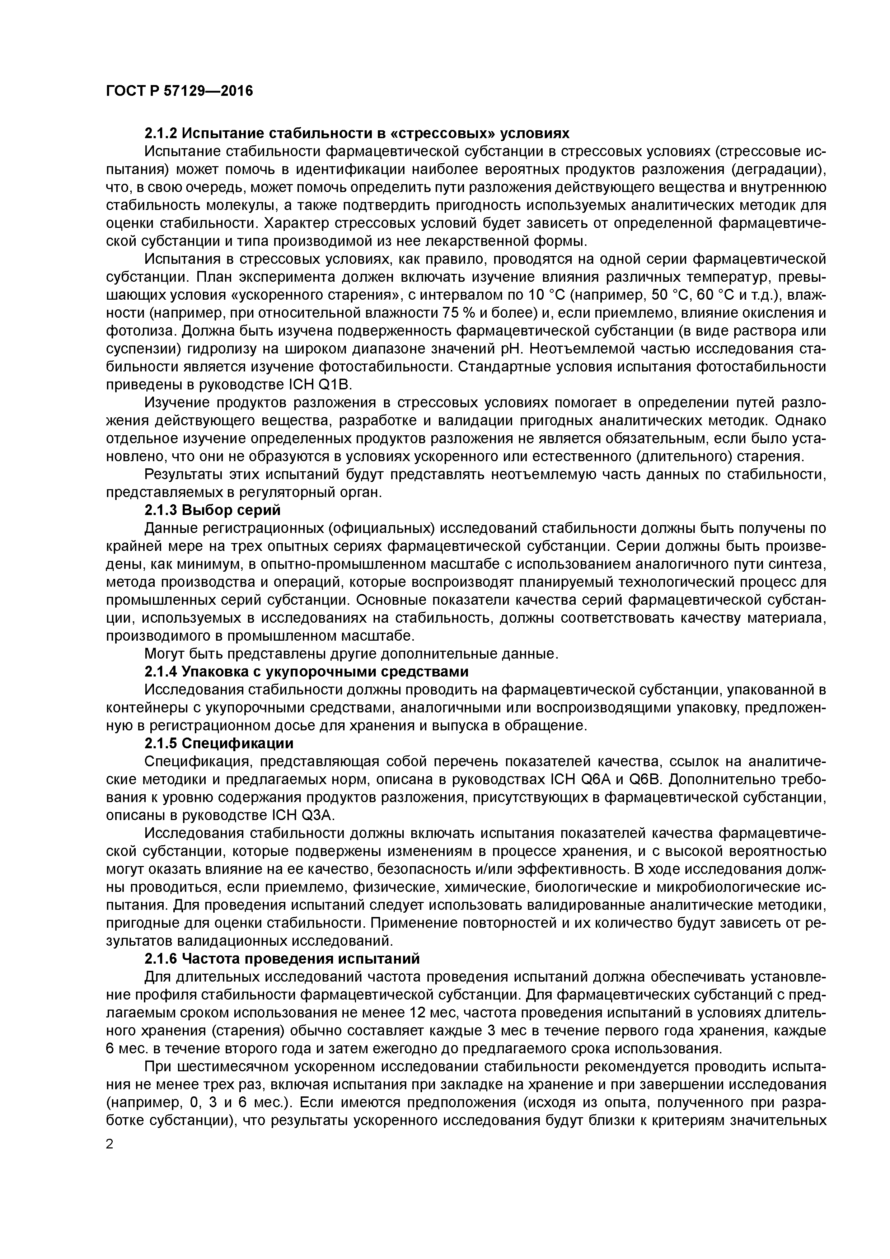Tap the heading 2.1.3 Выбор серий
click(x=212, y=510)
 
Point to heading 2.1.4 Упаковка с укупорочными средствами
click(x=306, y=672)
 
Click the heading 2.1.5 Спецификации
click(x=219, y=744)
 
